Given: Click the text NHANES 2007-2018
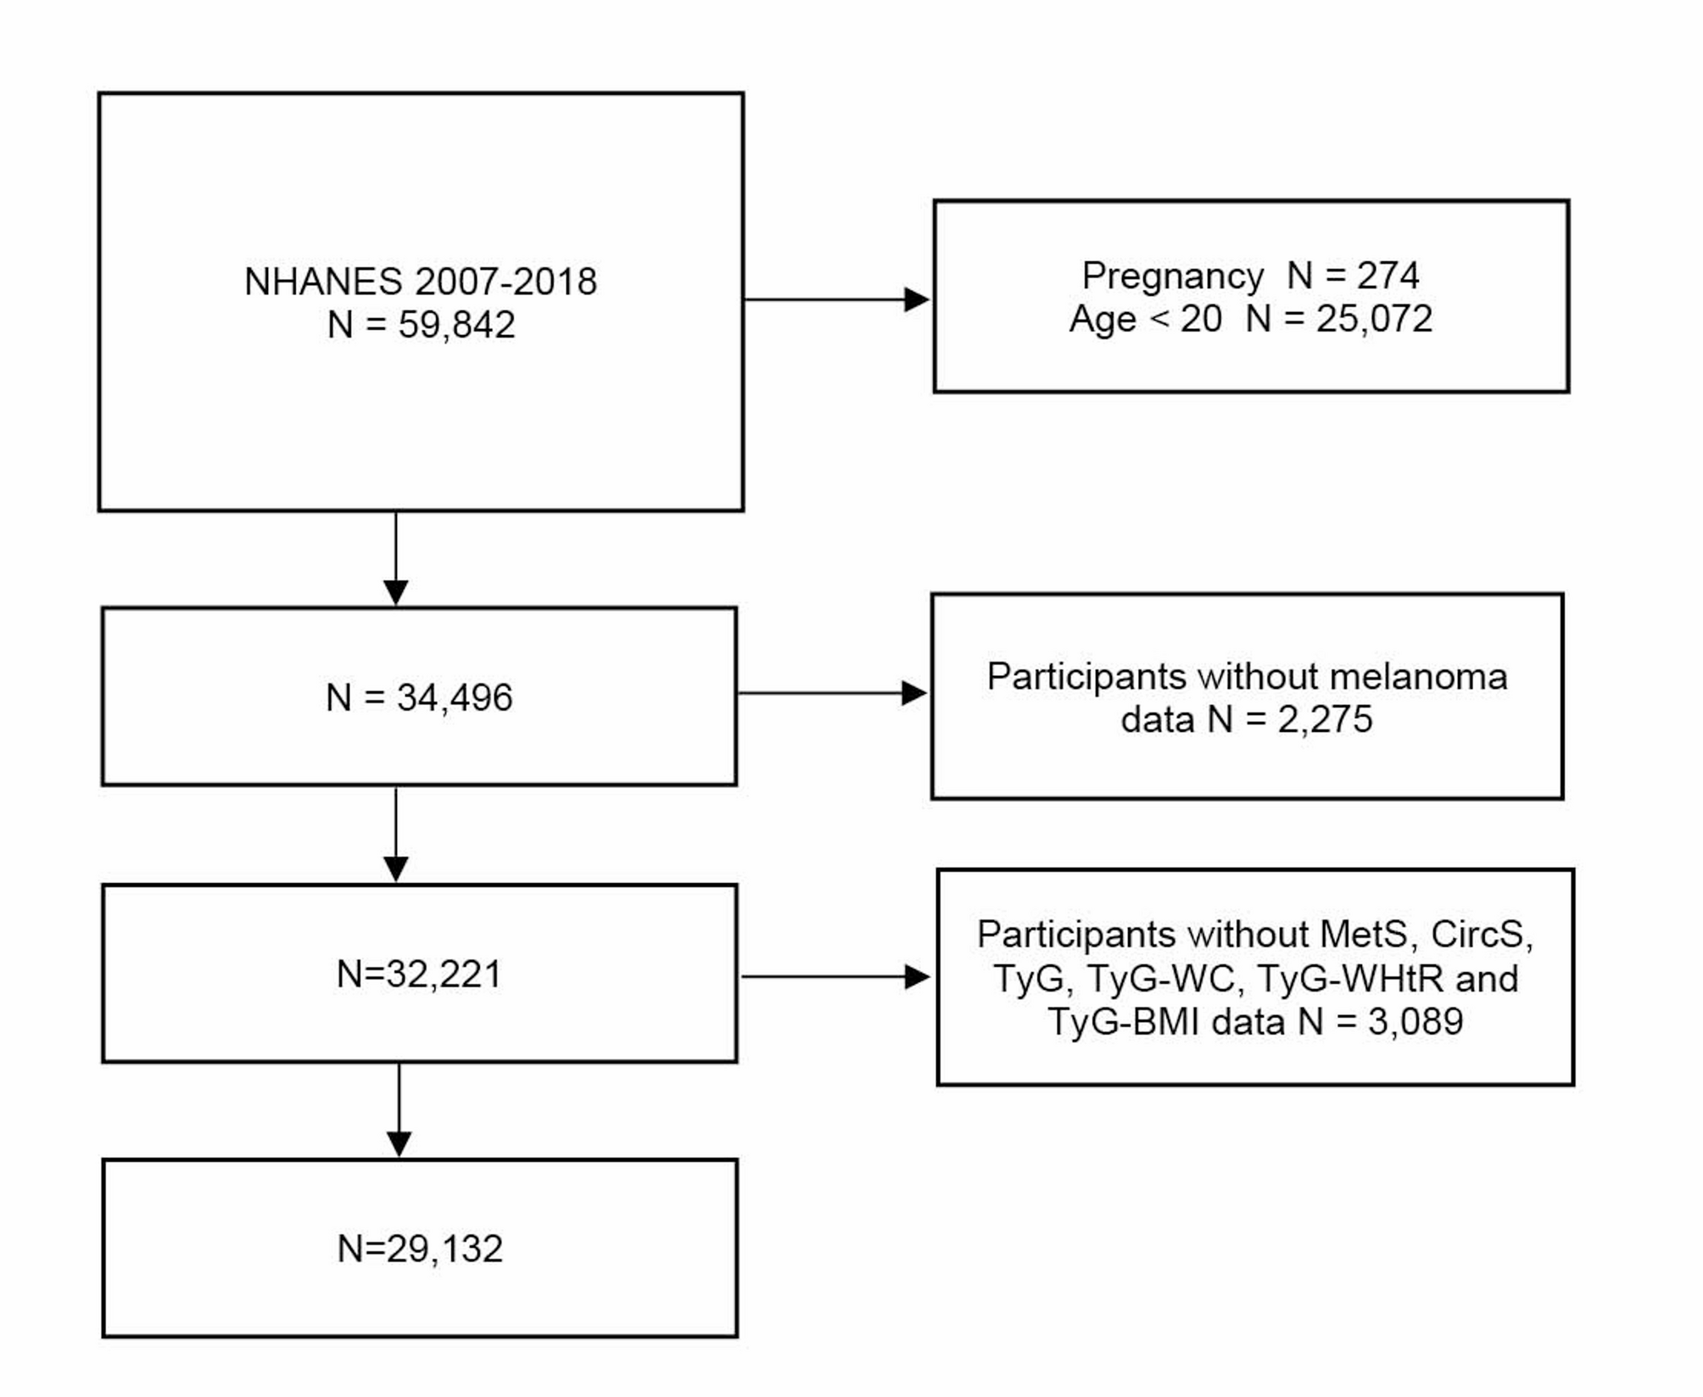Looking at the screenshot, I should click(421, 282).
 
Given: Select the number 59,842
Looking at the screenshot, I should click(456, 325).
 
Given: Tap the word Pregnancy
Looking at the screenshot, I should click(1173, 277).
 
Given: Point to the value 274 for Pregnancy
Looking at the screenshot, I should click(1388, 276).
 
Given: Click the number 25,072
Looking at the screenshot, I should click(1374, 319).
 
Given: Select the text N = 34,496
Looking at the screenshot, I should click(419, 697).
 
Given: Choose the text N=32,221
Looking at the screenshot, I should click(419, 974).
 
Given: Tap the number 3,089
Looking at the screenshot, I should click(1415, 1021).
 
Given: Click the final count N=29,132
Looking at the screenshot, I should click(420, 1249).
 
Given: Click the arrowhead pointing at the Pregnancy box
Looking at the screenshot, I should click(917, 299).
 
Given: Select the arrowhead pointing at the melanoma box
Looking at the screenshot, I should click(913, 693).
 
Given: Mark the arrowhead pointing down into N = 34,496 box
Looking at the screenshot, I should click(396, 592).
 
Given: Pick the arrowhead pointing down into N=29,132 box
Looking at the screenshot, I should click(399, 1143).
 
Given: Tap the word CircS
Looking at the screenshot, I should click(1481, 935).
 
